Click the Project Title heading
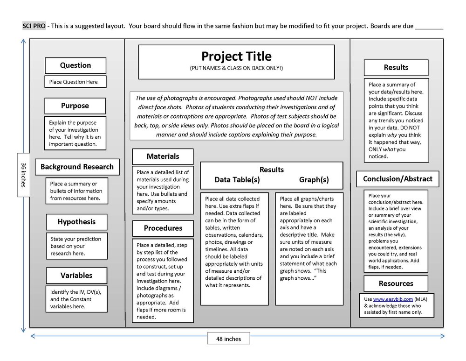pos(236,57)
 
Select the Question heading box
pos(75,65)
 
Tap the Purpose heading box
pos(75,106)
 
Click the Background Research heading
pos(77,167)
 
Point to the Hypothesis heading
pos(76,222)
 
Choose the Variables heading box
pos(76,275)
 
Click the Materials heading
pos(163,156)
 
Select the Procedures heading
pos(163,228)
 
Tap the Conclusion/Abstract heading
pos(397,179)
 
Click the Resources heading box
pos(396,283)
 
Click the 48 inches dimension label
pos(228,339)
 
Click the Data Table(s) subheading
pos(237,180)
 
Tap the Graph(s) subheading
pos(314,180)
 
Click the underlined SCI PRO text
pos(34,26)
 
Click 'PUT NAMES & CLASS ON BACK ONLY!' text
pos(236,68)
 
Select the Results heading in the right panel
pos(396,68)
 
